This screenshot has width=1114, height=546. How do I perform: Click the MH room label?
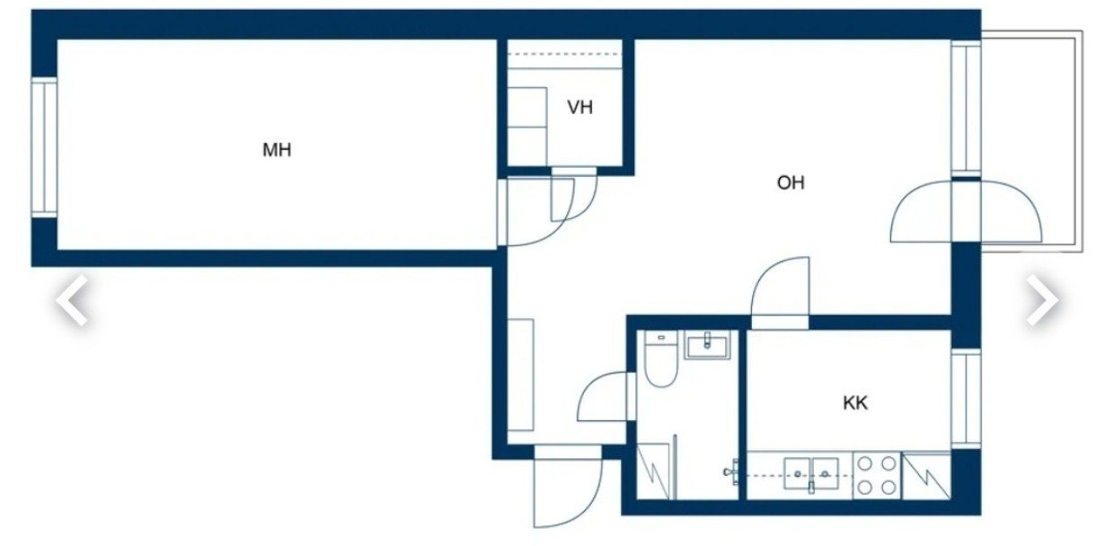click(277, 150)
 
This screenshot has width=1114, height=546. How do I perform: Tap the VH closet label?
click(579, 108)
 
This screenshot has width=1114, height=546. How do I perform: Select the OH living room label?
click(791, 183)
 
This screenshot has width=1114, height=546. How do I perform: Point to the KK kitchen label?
click(855, 403)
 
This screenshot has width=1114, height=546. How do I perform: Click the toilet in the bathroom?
click(660, 359)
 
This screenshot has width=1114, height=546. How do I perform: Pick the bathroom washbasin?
click(708, 345)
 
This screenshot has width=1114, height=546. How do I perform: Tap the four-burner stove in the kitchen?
click(877, 475)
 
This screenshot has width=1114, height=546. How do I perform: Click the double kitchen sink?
click(811, 475)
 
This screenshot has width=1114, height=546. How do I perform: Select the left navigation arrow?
click(73, 300)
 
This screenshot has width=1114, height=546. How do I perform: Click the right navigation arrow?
click(1042, 300)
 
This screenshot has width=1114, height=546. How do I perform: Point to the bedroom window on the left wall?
click(45, 147)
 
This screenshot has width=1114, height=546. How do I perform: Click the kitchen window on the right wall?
click(966, 399)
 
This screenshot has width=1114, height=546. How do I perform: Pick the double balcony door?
click(966, 211)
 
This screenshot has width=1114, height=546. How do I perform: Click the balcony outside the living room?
click(1031, 141)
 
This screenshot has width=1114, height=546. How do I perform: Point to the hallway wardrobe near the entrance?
click(520, 375)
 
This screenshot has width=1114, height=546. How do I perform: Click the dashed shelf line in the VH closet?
click(564, 54)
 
